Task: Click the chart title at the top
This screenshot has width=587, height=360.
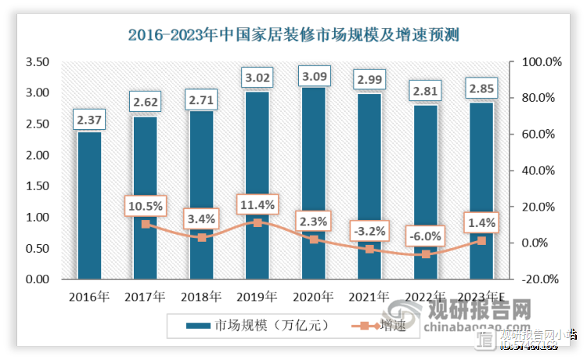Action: coord(293,34)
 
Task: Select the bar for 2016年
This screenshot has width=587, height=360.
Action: coord(89,205)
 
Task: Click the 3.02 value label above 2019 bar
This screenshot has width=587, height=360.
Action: coord(257,78)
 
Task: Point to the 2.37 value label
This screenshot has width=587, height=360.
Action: coord(89,120)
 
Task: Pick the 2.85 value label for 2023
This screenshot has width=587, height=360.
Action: coord(481,87)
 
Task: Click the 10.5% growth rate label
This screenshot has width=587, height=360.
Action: coord(145,206)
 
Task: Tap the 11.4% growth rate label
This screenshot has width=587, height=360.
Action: coord(257,205)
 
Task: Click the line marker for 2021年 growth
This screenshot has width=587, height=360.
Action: coord(369,249)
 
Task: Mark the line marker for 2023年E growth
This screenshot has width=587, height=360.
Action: coord(481,240)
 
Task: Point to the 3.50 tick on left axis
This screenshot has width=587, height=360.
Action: coord(37,62)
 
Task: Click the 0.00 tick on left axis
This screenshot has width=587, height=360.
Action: coord(37,279)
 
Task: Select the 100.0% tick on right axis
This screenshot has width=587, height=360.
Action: coord(536,62)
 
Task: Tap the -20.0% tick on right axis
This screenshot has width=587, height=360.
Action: coord(536,279)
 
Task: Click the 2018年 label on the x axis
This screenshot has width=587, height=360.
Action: coord(201,297)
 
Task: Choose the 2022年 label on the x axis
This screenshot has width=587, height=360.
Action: coord(425,297)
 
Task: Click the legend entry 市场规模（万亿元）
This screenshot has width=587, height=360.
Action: coord(250,326)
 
